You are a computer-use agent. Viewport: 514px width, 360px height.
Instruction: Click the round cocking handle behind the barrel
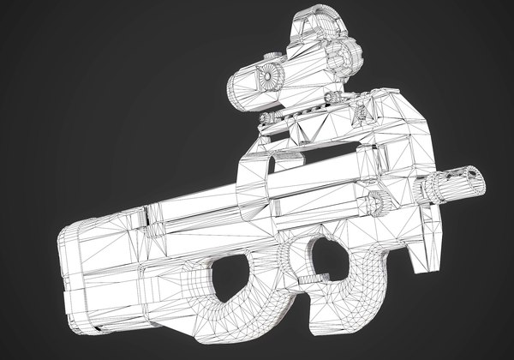374,203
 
